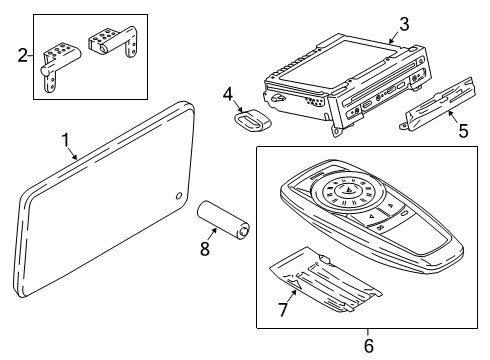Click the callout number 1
pos(66,140)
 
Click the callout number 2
pos(23,57)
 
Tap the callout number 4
pos(228,96)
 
